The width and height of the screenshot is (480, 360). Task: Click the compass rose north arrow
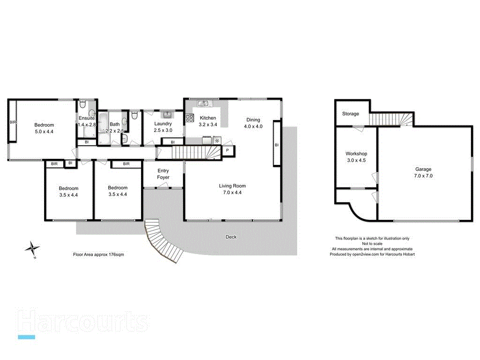click(x=33, y=248)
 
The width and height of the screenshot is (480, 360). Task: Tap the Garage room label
click(x=423, y=169)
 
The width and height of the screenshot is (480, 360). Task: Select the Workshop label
click(x=356, y=153)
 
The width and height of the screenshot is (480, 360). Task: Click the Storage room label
click(x=351, y=114)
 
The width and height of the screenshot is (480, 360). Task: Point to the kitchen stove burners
click(x=189, y=118)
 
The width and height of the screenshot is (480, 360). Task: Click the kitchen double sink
click(x=203, y=103)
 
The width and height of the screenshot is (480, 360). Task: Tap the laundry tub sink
click(x=168, y=114)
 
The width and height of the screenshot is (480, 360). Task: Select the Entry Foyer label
click(x=163, y=174)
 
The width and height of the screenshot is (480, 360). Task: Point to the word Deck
click(x=231, y=237)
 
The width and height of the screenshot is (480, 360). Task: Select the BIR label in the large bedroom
click(x=13, y=122)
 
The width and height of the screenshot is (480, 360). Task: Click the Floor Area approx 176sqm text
click(x=98, y=254)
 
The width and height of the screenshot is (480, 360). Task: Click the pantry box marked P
click(x=227, y=150)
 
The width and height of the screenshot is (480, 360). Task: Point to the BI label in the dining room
click(x=277, y=145)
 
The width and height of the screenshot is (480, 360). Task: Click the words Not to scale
click(x=372, y=244)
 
